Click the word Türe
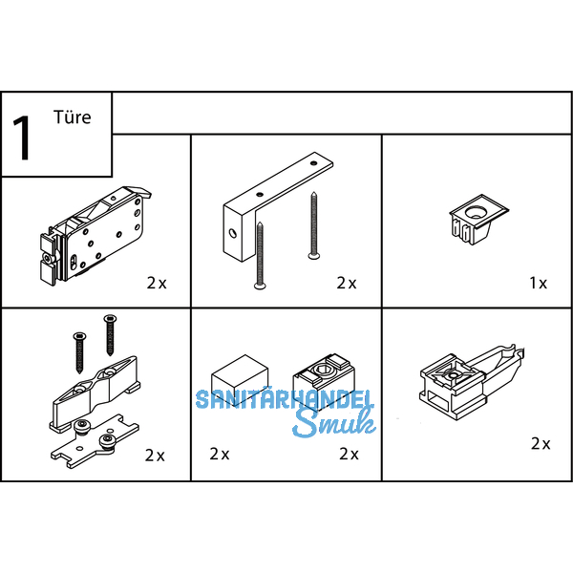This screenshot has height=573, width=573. click(72, 117)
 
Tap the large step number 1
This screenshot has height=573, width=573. click(22, 138)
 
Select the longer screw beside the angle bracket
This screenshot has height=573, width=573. click(313, 225)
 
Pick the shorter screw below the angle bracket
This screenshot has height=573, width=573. click(260, 255)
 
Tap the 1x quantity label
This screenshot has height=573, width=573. click(539, 283)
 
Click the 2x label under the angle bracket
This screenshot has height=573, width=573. click(347, 283)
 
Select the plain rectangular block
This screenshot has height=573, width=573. click(240, 380)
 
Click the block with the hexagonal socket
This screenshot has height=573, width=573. click(324, 380)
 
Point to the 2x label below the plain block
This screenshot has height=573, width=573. click(220, 455)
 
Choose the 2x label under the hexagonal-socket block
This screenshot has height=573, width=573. click(349, 455)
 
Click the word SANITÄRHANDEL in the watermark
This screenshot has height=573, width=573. click(285, 399)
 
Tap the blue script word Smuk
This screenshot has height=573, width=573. click(334, 423)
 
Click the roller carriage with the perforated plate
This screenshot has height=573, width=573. click(95, 236)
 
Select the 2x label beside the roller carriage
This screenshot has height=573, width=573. click(157, 283)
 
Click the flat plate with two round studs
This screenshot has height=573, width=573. click(95, 441)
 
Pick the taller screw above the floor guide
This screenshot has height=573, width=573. click(110, 335)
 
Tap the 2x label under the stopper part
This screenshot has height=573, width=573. click(541, 444)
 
